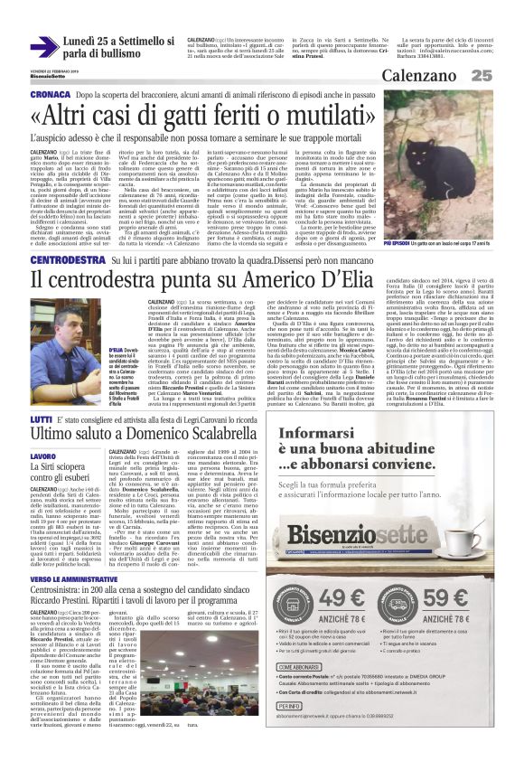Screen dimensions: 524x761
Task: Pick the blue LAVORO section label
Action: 42,457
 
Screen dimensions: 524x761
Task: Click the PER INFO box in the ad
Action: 291,705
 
